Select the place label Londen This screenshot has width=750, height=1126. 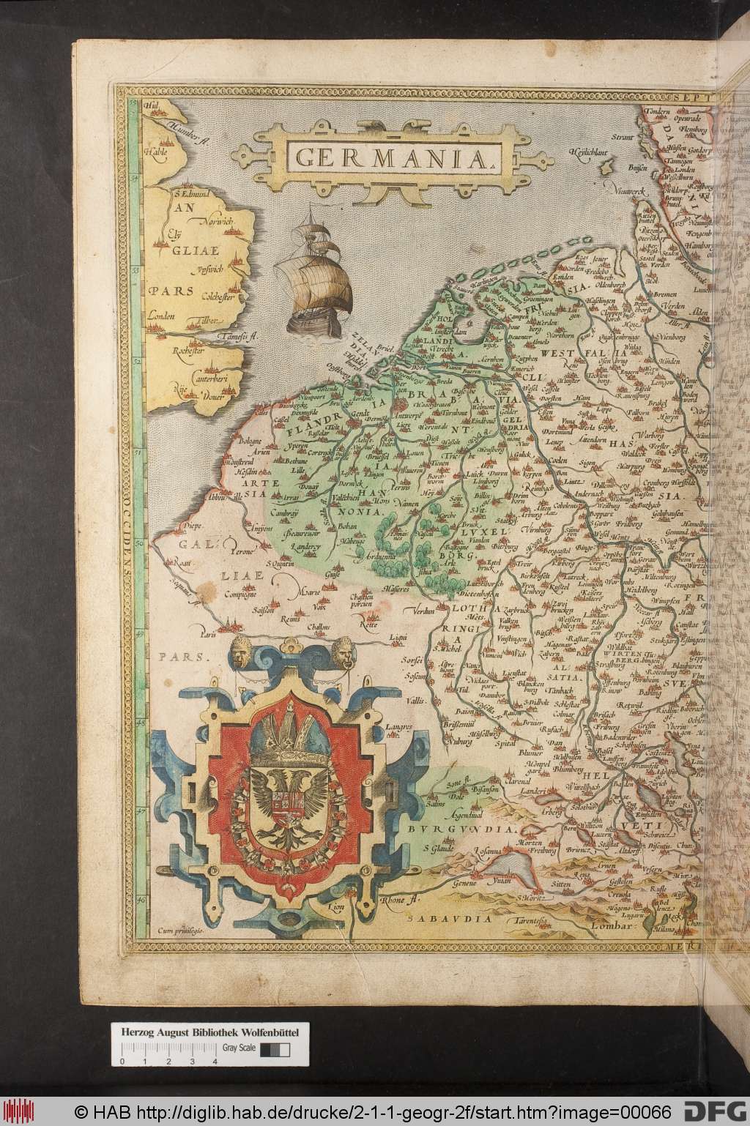[x=161, y=316]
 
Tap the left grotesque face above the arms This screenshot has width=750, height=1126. [x=240, y=651]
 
